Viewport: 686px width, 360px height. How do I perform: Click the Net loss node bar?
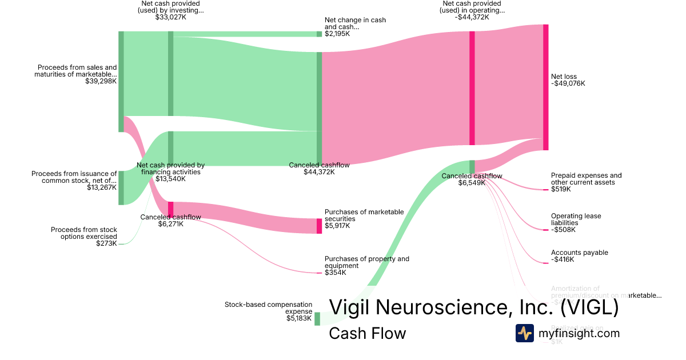point(545,87)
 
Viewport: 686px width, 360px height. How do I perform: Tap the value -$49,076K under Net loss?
point(568,83)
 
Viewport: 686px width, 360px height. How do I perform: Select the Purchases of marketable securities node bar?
point(320,226)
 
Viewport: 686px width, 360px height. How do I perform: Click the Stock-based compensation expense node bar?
point(317,318)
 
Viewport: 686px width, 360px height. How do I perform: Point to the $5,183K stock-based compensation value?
point(299,318)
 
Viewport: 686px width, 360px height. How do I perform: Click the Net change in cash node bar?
point(320,34)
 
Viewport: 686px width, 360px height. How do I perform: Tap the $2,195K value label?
point(337,34)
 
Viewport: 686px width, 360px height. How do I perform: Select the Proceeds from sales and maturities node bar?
point(121,81)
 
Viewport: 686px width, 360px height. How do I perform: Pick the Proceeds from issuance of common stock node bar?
point(121,187)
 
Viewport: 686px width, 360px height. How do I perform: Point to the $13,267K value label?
point(102,187)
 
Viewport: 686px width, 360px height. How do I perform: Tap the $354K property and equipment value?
point(336,273)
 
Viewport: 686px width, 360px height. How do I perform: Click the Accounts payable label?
point(579,253)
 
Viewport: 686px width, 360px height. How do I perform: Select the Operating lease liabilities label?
point(576,219)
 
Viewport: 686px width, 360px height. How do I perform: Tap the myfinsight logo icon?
point(524,333)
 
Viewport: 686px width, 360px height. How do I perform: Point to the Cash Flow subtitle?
point(367,333)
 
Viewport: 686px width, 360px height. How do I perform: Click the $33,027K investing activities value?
point(171,17)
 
